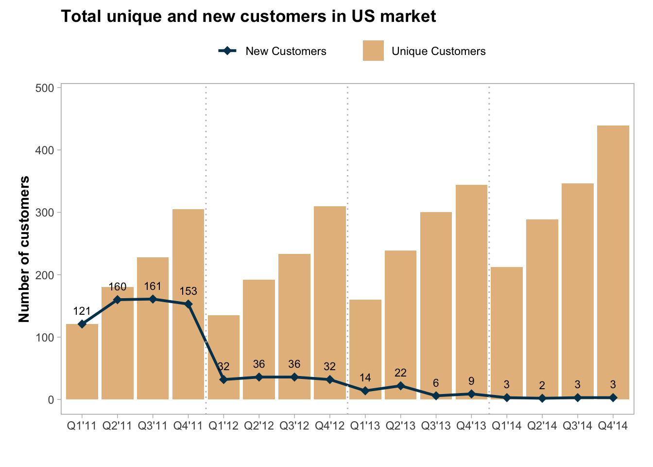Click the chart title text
[x=248, y=17]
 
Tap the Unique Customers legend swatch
[x=373, y=51]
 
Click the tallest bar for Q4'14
[x=613, y=263]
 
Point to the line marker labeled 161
[x=153, y=299]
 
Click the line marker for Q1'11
[x=82, y=324]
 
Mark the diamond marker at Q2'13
[x=400, y=386]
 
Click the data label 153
[x=189, y=291]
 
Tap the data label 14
[x=365, y=377]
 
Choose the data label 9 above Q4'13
[x=471, y=381]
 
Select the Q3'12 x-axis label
[x=294, y=426]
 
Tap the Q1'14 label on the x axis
[x=507, y=426]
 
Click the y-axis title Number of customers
[x=24, y=249]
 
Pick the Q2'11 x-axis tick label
[x=118, y=426]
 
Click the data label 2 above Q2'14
[x=542, y=385]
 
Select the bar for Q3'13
[x=436, y=302]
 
